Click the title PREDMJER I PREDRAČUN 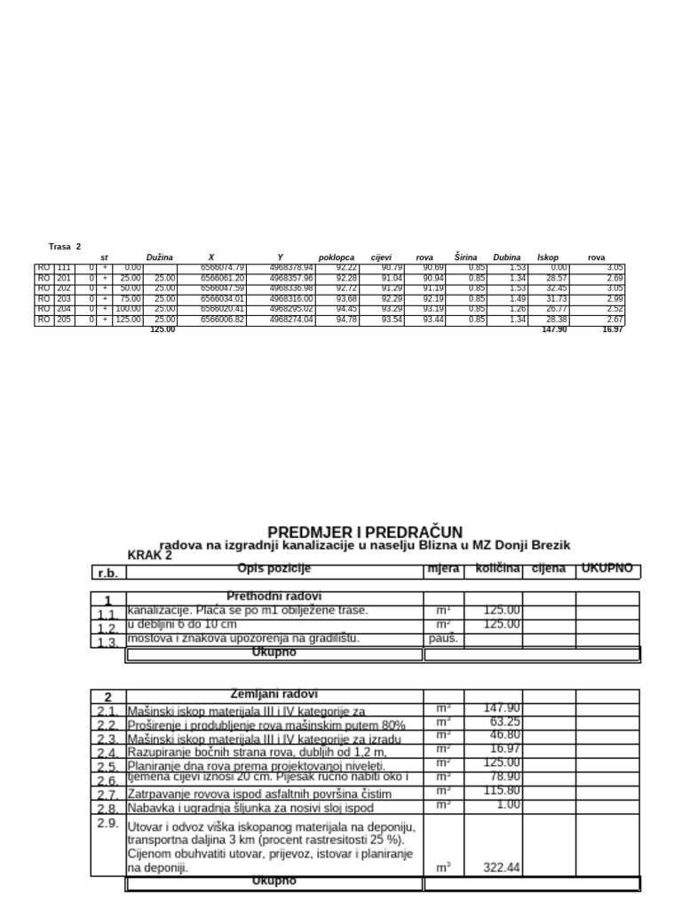365,531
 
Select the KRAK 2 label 150,555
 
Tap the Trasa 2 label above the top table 65,246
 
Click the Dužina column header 160,257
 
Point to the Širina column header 465,257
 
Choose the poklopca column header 336,257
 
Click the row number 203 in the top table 64,299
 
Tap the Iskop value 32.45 554,289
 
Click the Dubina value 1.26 511,309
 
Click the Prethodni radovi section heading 274,597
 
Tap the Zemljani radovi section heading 274,694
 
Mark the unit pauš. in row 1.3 443,638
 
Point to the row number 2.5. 107,767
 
